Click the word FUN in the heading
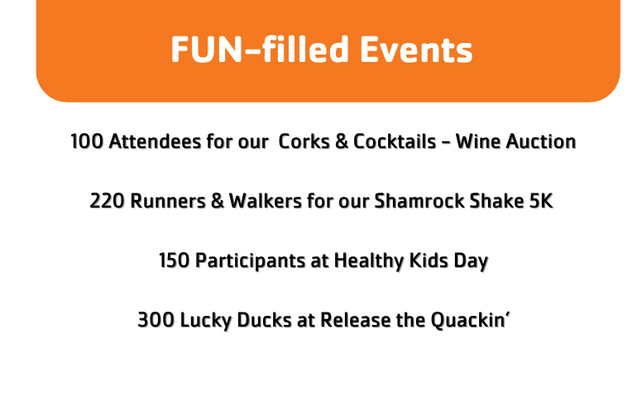207,50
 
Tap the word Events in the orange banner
416,50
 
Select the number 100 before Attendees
87,142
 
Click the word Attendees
156,141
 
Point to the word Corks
304,141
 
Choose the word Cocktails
395,141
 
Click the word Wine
478,141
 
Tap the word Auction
541,141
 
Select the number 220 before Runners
108,201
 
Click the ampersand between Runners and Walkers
218,201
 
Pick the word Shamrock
419,201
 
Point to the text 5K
541,201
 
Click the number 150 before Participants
175,260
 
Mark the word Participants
250,261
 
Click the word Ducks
264,320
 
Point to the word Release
356,320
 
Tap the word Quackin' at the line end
470,321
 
